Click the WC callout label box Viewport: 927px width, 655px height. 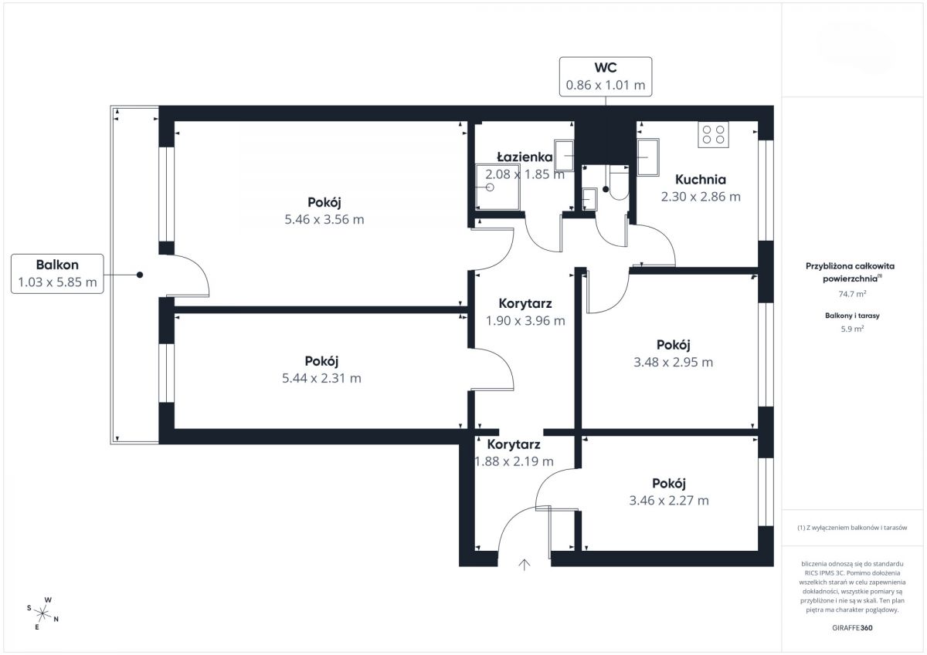[606, 77]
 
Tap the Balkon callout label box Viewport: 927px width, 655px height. [57, 274]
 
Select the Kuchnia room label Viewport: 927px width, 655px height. [701, 179]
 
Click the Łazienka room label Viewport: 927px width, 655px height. [525, 157]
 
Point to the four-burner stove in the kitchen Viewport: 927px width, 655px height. [714, 135]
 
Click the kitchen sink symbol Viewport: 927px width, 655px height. [648, 157]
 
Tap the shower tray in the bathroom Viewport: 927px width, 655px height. [497, 187]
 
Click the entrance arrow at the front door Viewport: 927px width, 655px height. [525, 565]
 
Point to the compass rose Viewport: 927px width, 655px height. [42, 614]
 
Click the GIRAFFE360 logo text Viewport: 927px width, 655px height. [852, 628]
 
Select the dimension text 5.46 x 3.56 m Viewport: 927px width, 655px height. [324, 219]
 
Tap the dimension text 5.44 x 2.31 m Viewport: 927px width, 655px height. [321, 378]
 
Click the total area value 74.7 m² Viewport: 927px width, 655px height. [852, 294]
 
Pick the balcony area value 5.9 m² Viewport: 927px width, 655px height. [852, 329]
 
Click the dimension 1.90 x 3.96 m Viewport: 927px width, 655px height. [525, 320]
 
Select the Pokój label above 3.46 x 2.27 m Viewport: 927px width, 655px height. [669, 483]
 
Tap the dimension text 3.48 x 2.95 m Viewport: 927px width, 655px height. [674, 362]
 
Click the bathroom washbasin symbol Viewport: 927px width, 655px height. [564, 156]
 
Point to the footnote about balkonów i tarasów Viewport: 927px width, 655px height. [852, 528]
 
